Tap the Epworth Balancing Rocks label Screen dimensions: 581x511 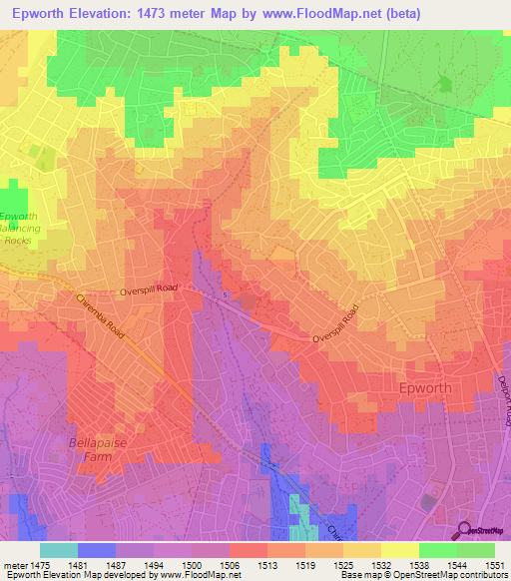(x=19, y=229)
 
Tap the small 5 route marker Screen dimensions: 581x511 (x=226, y=295)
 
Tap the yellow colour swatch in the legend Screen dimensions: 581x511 (x=399, y=550)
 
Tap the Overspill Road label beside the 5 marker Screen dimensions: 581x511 (x=149, y=289)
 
